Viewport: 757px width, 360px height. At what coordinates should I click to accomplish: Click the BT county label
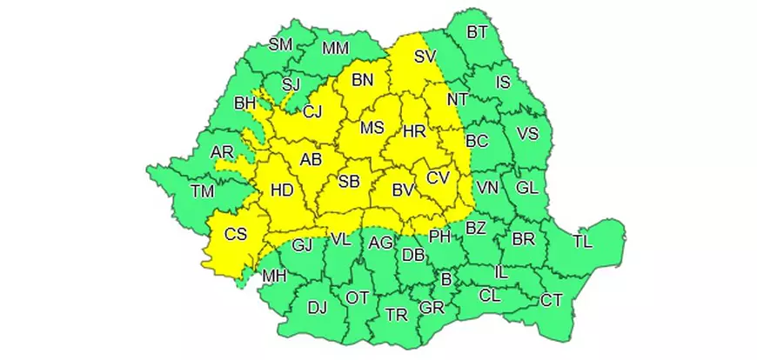[478, 33]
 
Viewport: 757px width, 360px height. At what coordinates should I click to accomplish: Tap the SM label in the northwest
[280, 44]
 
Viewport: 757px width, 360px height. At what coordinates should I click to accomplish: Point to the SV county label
[425, 57]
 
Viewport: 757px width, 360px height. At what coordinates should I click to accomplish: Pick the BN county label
[362, 80]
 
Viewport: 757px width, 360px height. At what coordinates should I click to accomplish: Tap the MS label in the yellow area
[372, 128]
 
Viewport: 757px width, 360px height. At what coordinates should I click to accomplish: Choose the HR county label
[414, 132]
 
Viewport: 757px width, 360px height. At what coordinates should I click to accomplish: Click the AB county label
[311, 160]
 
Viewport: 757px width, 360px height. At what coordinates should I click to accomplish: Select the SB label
[349, 182]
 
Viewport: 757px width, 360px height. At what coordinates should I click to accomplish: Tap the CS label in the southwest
[235, 233]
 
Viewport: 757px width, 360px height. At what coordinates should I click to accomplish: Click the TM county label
[202, 191]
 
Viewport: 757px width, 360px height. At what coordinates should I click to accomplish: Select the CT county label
[552, 301]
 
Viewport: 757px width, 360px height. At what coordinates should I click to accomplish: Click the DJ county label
[318, 306]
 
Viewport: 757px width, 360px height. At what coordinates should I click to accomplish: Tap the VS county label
[528, 134]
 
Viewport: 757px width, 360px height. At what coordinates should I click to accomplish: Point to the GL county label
[526, 188]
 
